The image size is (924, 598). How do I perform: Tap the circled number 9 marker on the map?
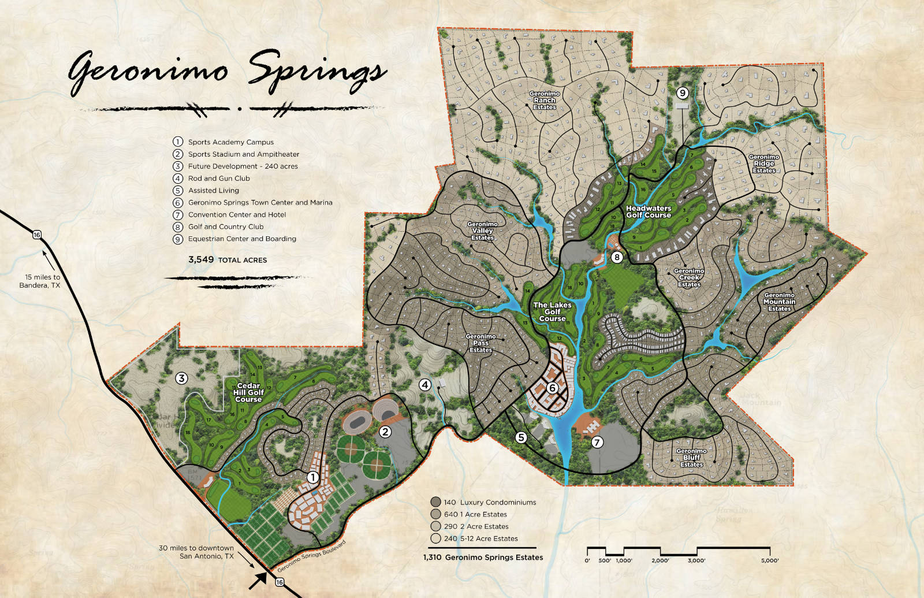[683, 93]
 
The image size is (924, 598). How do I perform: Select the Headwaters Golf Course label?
[649, 211]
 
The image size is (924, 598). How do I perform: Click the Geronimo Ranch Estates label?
[545, 101]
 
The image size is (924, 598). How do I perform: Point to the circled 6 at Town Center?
[552, 388]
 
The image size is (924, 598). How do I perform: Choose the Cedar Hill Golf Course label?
[248, 392]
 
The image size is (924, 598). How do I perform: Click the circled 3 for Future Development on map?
[182, 378]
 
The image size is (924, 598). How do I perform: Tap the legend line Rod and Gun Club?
[219, 179]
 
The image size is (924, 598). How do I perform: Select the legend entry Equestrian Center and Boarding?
[242, 239]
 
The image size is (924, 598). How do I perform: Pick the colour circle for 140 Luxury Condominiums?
[435, 502]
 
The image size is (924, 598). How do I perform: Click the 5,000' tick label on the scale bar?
[769, 560]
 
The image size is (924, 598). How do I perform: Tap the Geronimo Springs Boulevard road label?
[311, 556]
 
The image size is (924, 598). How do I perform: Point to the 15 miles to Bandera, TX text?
[40, 281]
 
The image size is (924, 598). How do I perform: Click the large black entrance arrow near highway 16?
[258, 580]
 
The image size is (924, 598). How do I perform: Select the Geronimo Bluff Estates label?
[691, 458]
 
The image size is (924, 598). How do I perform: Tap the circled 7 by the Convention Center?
[597, 442]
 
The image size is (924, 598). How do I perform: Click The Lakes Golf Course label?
[552, 311]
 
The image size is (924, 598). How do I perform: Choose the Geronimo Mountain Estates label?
[779, 302]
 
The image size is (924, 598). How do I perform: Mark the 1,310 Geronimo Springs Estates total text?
[483, 558]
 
